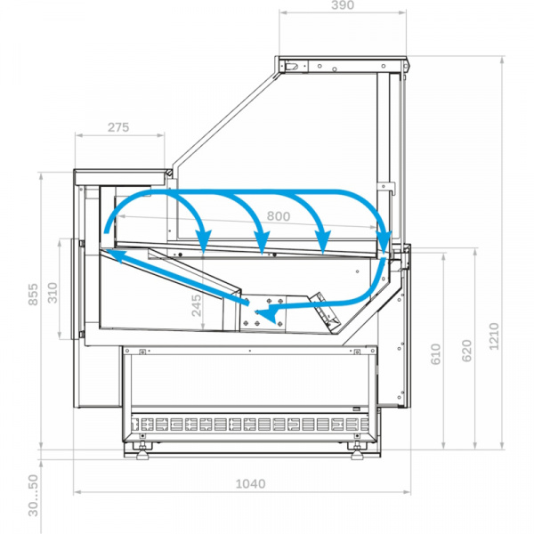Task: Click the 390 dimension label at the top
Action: click(x=343, y=5)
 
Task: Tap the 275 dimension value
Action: click(x=118, y=127)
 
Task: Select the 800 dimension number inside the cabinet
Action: click(x=279, y=216)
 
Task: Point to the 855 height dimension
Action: click(x=34, y=294)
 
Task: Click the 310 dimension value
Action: click(x=53, y=293)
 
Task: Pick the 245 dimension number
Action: click(x=197, y=305)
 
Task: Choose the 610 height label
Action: click(x=435, y=354)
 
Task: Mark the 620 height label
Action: click(x=466, y=351)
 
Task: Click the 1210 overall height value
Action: click(x=494, y=336)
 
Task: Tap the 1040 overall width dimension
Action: click(x=251, y=483)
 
